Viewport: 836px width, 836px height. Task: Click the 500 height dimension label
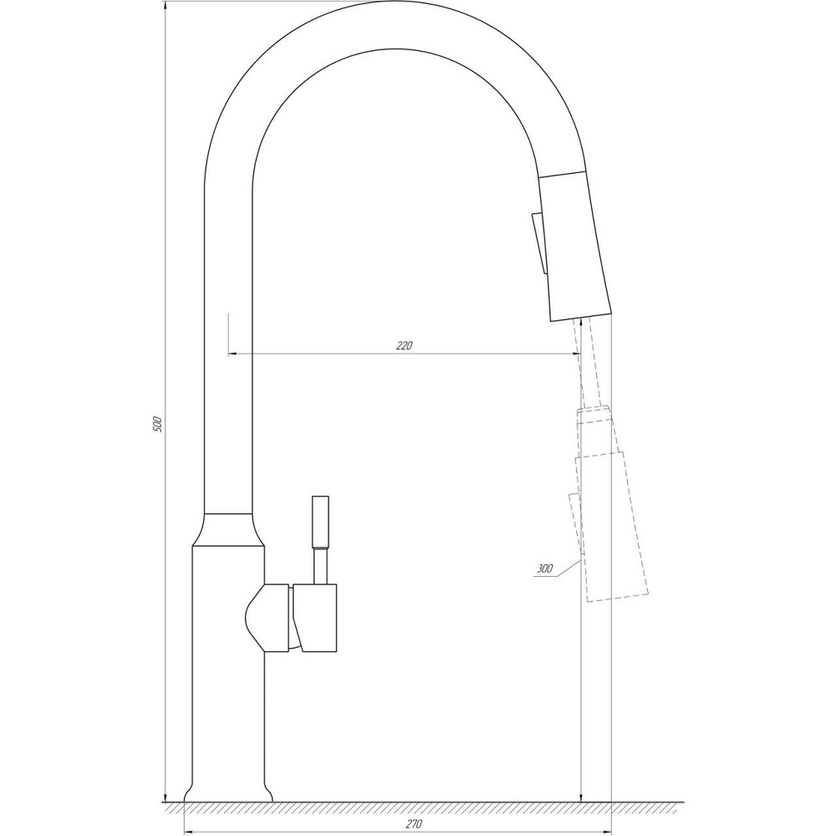[x=156, y=423]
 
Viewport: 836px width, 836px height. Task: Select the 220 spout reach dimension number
[x=405, y=345]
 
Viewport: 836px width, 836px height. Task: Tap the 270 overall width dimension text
[x=413, y=823]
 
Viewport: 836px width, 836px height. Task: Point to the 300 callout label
[x=545, y=568]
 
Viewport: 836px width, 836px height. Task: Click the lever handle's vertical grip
[x=321, y=522]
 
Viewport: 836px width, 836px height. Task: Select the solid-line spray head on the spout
[x=575, y=247]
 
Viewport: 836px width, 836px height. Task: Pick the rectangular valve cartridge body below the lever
[x=315, y=618]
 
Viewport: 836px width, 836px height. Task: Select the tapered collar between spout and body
[x=228, y=530]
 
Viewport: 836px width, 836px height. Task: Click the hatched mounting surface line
[x=418, y=807]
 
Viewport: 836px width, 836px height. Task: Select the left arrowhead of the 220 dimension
[x=233, y=354]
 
